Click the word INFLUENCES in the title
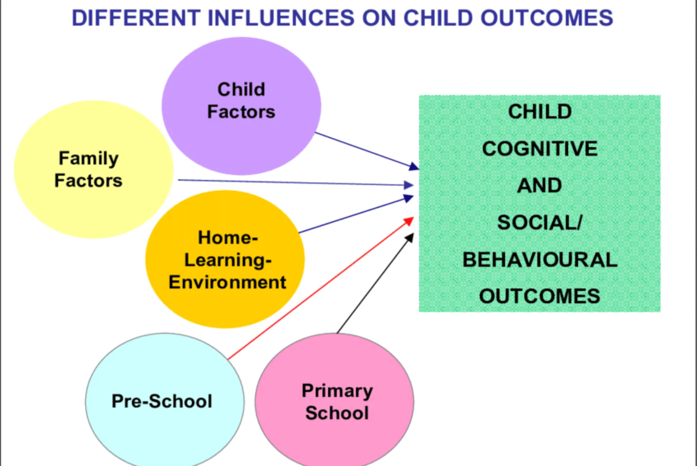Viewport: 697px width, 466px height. tap(281, 18)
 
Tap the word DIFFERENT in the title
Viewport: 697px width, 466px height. tap(136, 18)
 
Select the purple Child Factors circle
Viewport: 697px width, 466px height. tap(241, 106)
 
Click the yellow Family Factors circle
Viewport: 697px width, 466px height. tap(93, 170)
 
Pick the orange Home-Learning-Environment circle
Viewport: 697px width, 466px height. tap(225, 259)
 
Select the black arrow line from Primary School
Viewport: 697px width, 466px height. tap(375, 283)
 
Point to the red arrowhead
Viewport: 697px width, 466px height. tap(409, 221)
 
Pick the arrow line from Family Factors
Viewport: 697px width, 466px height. tap(296, 183)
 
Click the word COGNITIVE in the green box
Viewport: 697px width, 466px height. tap(540, 149)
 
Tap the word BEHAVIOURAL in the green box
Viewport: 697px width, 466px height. tap(540, 260)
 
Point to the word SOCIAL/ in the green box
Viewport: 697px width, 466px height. tap(540, 222)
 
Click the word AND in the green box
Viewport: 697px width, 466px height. tap(539, 185)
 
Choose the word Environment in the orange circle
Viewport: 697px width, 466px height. tap(228, 282)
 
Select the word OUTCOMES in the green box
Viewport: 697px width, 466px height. tap(540, 296)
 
